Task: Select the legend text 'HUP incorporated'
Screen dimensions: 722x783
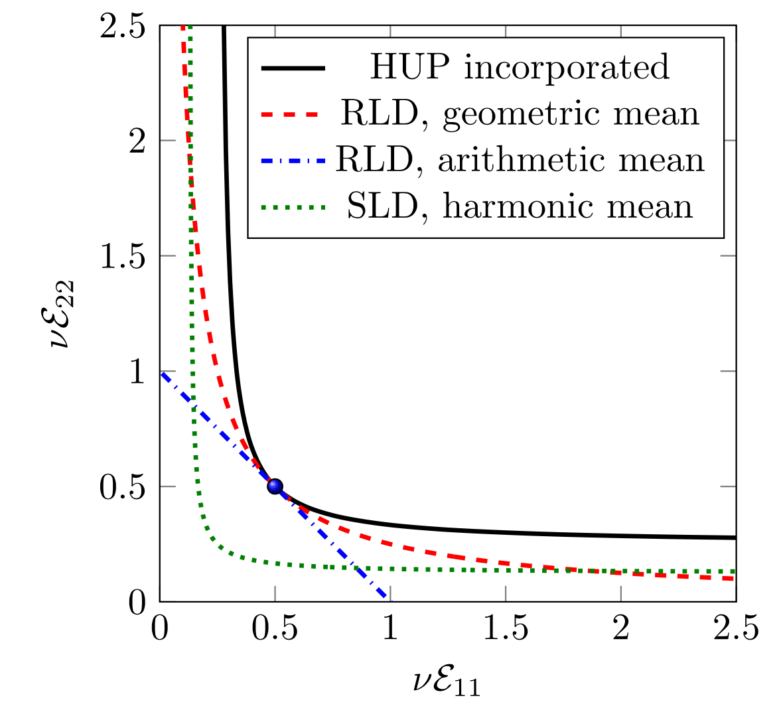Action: (x=519, y=67)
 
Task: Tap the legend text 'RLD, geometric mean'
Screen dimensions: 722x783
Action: (x=520, y=113)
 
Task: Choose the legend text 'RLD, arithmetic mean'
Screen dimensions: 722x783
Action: (x=520, y=160)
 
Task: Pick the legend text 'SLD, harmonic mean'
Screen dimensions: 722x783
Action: (x=520, y=206)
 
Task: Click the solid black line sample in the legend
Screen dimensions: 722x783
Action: (x=293, y=68)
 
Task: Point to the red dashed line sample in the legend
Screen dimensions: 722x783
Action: (x=293, y=114)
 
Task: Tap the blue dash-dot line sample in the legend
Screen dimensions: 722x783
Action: (x=293, y=161)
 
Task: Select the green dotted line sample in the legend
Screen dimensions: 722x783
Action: (x=293, y=207)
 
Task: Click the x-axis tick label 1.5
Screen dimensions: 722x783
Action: (x=506, y=628)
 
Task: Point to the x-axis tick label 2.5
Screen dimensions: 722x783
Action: (x=736, y=628)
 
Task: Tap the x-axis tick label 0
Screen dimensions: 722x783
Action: (x=160, y=628)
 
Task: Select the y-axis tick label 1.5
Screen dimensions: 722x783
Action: (x=123, y=256)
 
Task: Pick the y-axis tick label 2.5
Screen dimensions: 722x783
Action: (x=123, y=27)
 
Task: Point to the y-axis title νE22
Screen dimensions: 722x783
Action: (x=61, y=314)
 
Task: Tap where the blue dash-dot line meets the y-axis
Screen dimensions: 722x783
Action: (x=161, y=372)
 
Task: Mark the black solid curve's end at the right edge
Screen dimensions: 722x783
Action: (x=735, y=537)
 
